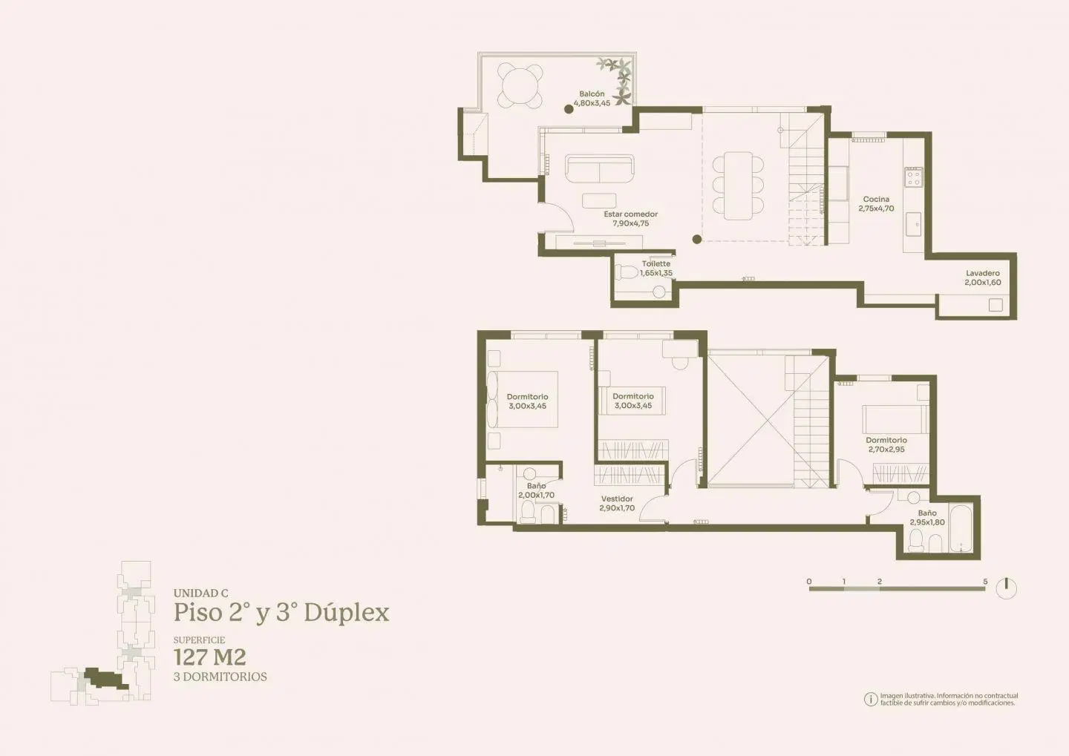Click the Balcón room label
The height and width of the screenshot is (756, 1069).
tap(592, 94)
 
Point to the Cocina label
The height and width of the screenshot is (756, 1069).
tap(876, 200)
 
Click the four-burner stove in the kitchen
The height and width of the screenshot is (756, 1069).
tap(914, 177)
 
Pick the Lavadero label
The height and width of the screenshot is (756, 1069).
tap(983, 273)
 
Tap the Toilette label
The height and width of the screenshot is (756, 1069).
tap(656, 264)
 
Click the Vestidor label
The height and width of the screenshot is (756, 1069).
tap(617, 499)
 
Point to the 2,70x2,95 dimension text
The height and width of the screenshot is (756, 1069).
tap(886, 450)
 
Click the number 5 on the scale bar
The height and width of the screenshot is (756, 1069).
tap(986, 582)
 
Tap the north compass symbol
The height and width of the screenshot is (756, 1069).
tap(1007, 588)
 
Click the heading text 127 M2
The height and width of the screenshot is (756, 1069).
tap(210, 657)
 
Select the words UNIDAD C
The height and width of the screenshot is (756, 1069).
tap(201, 594)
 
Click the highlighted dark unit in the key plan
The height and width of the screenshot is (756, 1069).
tap(106, 678)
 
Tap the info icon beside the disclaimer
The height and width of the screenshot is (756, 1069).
tap(871, 699)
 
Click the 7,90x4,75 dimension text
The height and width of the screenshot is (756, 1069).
tap(631, 223)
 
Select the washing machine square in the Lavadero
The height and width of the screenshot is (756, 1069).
tap(996, 305)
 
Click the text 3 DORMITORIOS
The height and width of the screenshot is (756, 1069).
tap(220, 677)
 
